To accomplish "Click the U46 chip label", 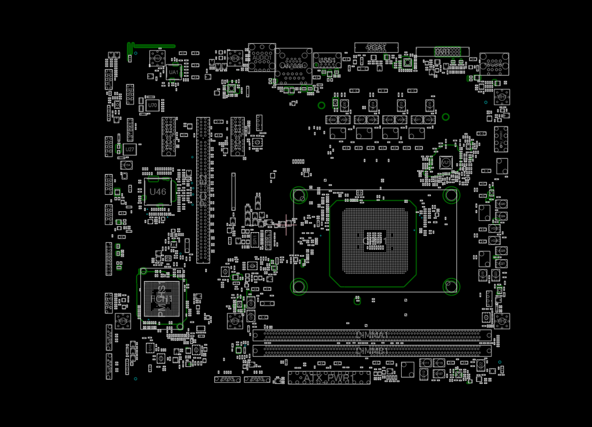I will click(158, 192).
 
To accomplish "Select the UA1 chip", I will click(173, 72).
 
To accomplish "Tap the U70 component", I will click(153, 105).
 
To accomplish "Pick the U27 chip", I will click(130, 150).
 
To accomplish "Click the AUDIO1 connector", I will click(262, 57).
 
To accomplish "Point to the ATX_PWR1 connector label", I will click(329, 378).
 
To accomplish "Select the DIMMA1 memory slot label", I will click(372, 335).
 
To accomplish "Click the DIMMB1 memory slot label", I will click(372, 351).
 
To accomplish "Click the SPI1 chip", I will click(255, 240).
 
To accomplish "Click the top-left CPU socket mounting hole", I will click(299, 195).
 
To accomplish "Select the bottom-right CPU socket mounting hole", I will click(451, 286).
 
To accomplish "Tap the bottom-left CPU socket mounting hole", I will click(299, 286).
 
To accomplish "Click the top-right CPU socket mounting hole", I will click(451, 195).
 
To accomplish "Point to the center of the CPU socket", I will click(373, 241).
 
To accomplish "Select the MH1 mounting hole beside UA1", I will click(157, 58).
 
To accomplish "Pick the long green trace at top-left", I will click(152, 46).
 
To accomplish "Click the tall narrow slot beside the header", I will click(233, 191).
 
